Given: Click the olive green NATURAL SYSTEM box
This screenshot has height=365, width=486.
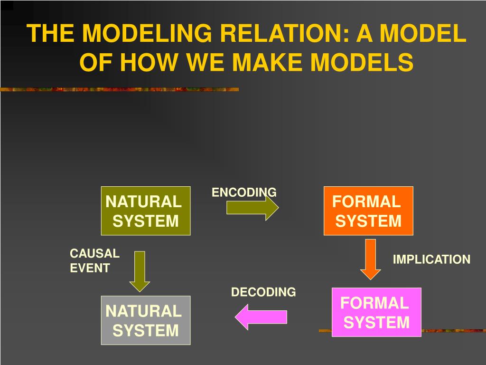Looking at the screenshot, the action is (146, 211).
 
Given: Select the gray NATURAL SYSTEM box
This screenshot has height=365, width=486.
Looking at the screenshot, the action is (146, 320).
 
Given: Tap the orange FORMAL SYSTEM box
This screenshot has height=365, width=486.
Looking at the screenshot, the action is (368, 211).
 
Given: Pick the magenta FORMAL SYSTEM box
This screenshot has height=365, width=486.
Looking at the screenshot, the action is (376, 312).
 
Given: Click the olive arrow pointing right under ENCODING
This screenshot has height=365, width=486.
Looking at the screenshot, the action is (252, 208).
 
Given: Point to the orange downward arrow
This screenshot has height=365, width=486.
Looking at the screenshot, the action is (370, 259).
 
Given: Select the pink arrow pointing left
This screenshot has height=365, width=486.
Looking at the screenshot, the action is (261, 317).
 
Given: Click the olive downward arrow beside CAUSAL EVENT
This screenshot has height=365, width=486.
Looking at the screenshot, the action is (140, 271).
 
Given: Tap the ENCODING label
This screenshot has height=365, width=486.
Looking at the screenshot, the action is (244, 192).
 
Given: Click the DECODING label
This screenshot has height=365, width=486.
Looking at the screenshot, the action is (263, 292).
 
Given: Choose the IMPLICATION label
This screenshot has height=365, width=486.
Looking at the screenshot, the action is (431, 259).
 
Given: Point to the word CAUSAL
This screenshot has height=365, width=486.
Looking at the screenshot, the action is (94, 254).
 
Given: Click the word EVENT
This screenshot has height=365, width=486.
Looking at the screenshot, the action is (90, 268).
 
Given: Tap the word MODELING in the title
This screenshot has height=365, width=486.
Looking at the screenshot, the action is (147, 33).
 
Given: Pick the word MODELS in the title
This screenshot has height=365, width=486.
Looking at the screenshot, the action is (362, 62).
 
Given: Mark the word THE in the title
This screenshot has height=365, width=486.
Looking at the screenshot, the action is (50, 33).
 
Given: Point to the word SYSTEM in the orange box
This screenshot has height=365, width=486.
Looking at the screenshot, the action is (368, 221).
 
